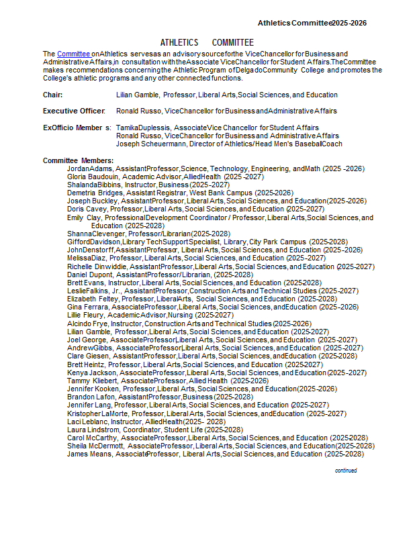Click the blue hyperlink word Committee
(74, 54)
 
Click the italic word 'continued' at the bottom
(346, 471)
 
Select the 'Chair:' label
(53, 95)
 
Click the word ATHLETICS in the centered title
(179, 42)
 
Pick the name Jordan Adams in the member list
(90, 168)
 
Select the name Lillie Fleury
(86, 315)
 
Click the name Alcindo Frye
(88, 324)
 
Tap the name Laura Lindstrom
(93, 430)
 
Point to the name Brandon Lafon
(91, 397)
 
